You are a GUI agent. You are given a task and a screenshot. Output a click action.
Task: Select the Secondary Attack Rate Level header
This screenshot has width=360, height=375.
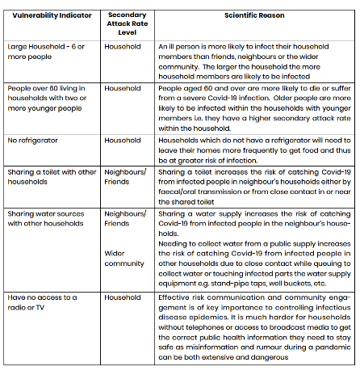127,23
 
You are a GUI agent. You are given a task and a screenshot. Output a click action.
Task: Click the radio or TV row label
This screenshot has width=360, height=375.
45,302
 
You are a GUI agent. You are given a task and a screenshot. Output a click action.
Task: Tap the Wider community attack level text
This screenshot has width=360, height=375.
125,259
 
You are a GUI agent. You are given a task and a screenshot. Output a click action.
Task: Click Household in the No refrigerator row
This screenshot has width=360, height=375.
123,141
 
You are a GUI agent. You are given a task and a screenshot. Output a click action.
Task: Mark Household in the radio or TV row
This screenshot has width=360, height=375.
123,297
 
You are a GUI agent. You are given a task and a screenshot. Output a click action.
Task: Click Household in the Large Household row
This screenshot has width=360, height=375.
123,47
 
